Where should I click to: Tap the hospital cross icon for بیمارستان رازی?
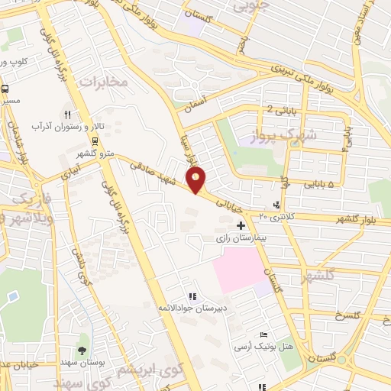(241, 225)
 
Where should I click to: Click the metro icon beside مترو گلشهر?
(95, 142)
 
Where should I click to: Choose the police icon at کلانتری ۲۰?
(276, 205)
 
